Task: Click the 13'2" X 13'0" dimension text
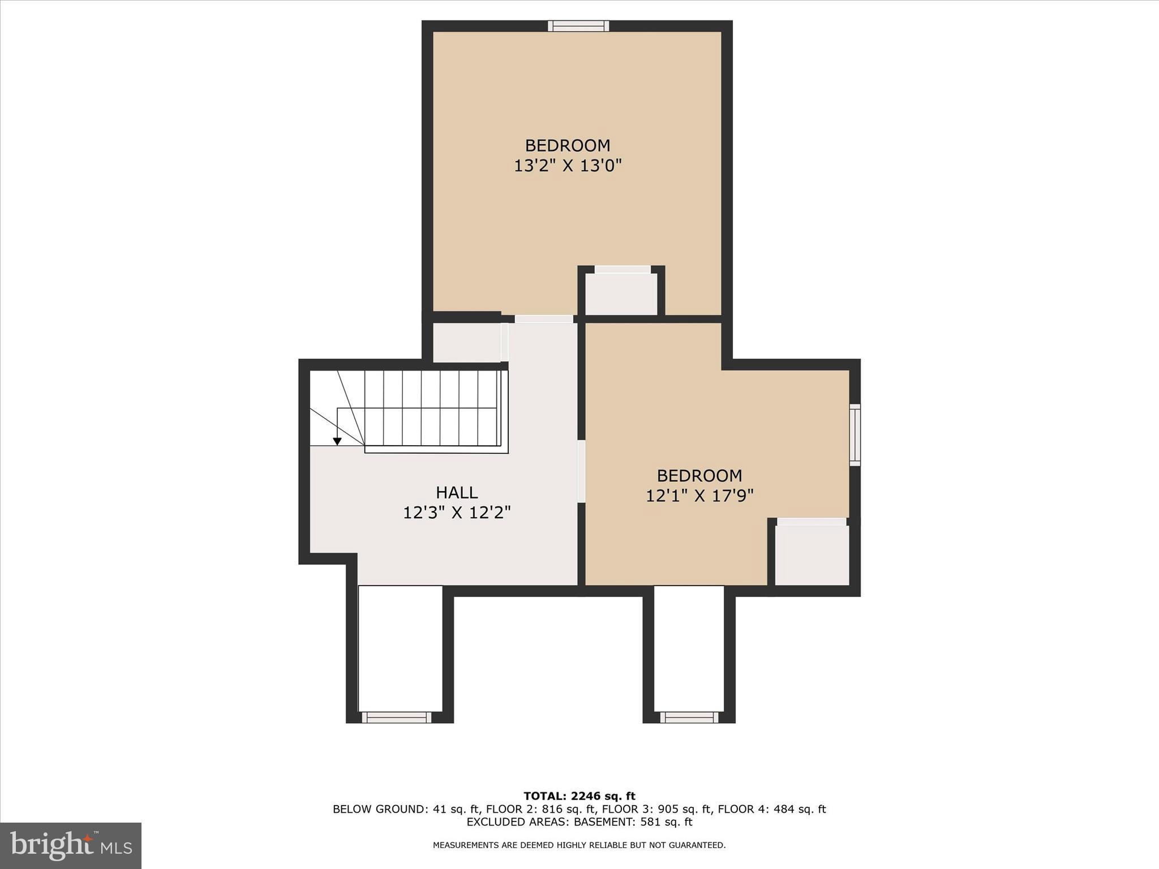coord(568,166)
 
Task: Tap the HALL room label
coord(457,492)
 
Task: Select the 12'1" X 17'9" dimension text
coord(699,496)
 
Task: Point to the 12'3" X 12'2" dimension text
coord(457,513)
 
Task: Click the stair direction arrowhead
coord(337,441)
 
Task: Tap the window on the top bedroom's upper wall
coord(578,26)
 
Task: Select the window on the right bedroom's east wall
coord(855,434)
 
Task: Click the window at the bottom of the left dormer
coord(397,717)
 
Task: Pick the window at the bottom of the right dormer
coord(689,717)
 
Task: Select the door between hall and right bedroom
coord(581,471)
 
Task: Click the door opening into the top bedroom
coord(544,319)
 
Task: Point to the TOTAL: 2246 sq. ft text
coord(579,797)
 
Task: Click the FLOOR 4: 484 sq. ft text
coord(772,809)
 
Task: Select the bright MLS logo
coord(71,845)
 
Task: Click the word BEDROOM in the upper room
coord(568,145)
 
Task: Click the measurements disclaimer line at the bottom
coord(579,845)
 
